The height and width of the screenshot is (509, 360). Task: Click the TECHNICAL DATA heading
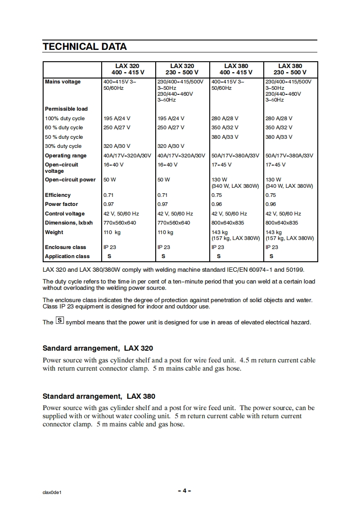click(84, 47)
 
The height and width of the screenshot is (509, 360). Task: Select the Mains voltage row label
click(63, 82)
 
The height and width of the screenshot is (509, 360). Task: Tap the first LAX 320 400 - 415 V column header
click(128, 69)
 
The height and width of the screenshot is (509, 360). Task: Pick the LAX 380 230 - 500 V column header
click(290, 69)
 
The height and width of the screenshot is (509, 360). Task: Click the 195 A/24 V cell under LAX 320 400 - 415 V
click(117, 118)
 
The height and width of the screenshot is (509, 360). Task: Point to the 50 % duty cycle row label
click(64, 137)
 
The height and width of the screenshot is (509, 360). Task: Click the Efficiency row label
click(58, 195)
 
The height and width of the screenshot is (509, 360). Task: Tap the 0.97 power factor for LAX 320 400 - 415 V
click(108, 204)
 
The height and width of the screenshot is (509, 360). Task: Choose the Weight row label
click(54, 232)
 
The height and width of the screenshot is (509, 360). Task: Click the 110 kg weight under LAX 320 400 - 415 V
click(112, 232)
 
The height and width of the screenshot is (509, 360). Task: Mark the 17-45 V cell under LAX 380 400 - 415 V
click(222, 165)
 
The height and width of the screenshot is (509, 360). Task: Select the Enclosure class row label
click(65, 247)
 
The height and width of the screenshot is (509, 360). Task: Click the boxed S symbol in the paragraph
click(59, 321)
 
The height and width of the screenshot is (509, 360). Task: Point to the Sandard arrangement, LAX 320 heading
click(98, 348)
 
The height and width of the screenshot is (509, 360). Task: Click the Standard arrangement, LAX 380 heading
click(99, 396)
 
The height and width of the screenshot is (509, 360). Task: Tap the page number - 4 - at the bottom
click(184, 491)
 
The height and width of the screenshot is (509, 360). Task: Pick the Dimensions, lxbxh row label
click(69, 223)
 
